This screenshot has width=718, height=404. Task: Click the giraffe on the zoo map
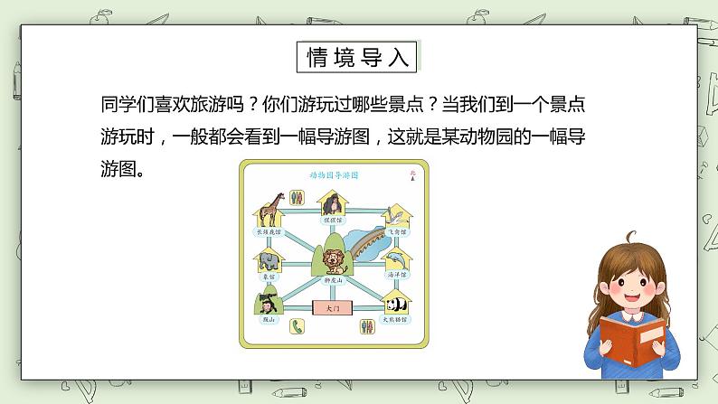pyautogui.click(x=269, y=210)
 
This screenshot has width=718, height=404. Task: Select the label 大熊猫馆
pyautogui.click(x=395, y=320)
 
